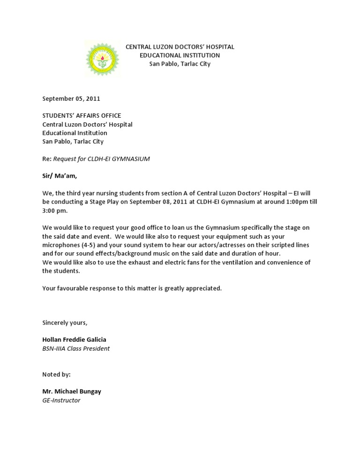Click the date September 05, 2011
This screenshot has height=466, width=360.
71,99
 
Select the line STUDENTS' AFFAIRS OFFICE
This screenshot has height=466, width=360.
82,116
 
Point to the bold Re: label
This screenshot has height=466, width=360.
47,159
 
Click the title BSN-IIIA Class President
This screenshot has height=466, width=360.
76,348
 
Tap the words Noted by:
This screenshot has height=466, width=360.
56,375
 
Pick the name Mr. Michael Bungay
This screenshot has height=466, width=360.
71,391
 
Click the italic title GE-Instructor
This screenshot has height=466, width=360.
61,400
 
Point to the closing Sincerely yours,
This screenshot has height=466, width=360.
65,323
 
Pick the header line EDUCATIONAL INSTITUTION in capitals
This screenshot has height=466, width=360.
180,55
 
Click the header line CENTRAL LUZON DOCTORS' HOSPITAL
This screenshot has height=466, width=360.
180,47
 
